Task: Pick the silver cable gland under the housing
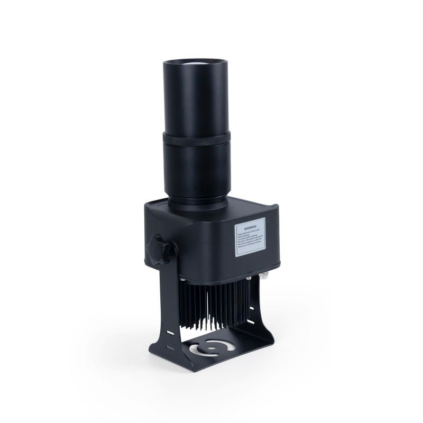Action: (x=263, y=276)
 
